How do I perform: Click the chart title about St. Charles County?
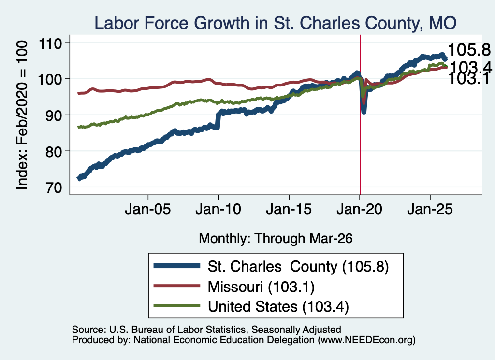point(275,23)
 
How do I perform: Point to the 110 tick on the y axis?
point(50,43)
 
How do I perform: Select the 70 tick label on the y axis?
point(53,187)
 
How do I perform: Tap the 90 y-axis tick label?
point(53,115)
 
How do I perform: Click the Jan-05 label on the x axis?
point(148,209)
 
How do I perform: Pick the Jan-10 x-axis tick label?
point(218,209)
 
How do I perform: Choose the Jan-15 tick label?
point(289,209)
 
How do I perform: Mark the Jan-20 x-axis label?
point(359,209)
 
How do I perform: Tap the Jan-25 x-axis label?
point(430,209)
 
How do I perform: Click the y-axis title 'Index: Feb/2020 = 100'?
point(22,115)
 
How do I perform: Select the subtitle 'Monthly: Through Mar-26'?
point(276,239)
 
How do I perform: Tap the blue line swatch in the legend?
point(177,266)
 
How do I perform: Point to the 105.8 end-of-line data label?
point(469,50)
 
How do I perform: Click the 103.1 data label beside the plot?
point(468,79)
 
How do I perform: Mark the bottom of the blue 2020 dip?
point(364,112)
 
